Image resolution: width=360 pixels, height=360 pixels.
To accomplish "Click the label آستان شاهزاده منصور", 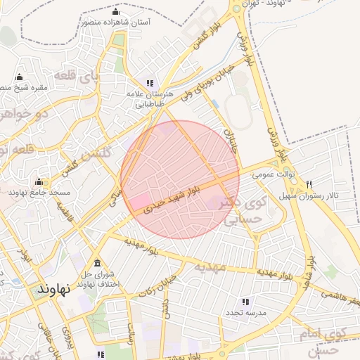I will tap(115, 22).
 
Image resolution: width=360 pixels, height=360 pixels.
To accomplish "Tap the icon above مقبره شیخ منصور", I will tap(19, 77).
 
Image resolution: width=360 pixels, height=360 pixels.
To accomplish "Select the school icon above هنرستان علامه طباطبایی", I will tap(148, 83).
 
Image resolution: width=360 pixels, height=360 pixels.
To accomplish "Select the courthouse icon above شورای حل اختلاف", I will tap(96, 263).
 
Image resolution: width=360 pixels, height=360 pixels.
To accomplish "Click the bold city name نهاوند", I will tap(53, 289).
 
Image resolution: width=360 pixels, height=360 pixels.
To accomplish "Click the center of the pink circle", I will tap(180, 179).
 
